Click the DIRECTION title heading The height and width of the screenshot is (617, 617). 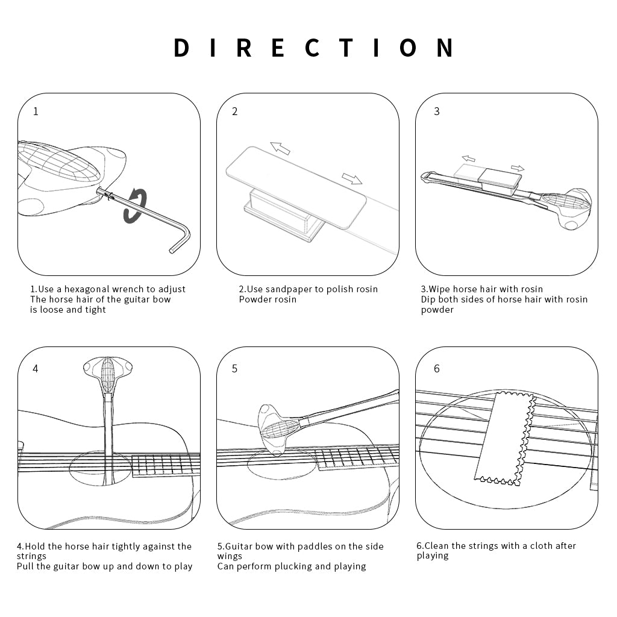pyautogui.click(x=315, y=48)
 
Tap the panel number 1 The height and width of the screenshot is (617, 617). pyautogui.click(x=36, y=111)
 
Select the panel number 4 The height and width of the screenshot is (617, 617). pyautogui.click(x=36, y=369)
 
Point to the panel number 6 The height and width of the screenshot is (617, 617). pyautogui.click(x=437, y=369)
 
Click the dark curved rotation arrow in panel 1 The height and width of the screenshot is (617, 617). pyautogui.click(x=136, y=205)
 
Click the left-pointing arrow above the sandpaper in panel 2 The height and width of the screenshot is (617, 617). pyautogui.click(x=280, y=148)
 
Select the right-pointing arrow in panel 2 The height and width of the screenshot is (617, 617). pyautogui.click(x=352, y=178)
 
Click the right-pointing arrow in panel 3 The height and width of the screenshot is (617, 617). pyautogui.click(x=518, y=168)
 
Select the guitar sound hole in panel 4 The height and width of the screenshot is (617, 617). pyautogui.click(x=99, y=468)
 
